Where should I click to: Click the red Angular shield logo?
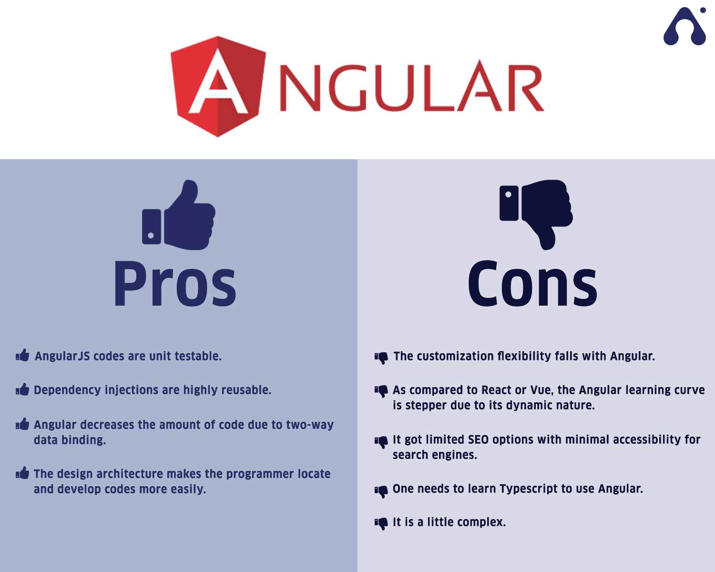(x=218, y=86)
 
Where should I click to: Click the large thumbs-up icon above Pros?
(x=179, y=214)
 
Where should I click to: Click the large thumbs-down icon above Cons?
(x=536, y=214)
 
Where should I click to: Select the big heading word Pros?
(x=175, y=283)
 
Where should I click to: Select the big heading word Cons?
(x=532, y=283)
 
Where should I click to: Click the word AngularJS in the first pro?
(x=62, y=356)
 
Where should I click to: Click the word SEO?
(x=478, y=439)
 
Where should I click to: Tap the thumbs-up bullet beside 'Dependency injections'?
(x=22, y=389)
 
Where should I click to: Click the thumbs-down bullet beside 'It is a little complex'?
(x=381, y=523)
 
